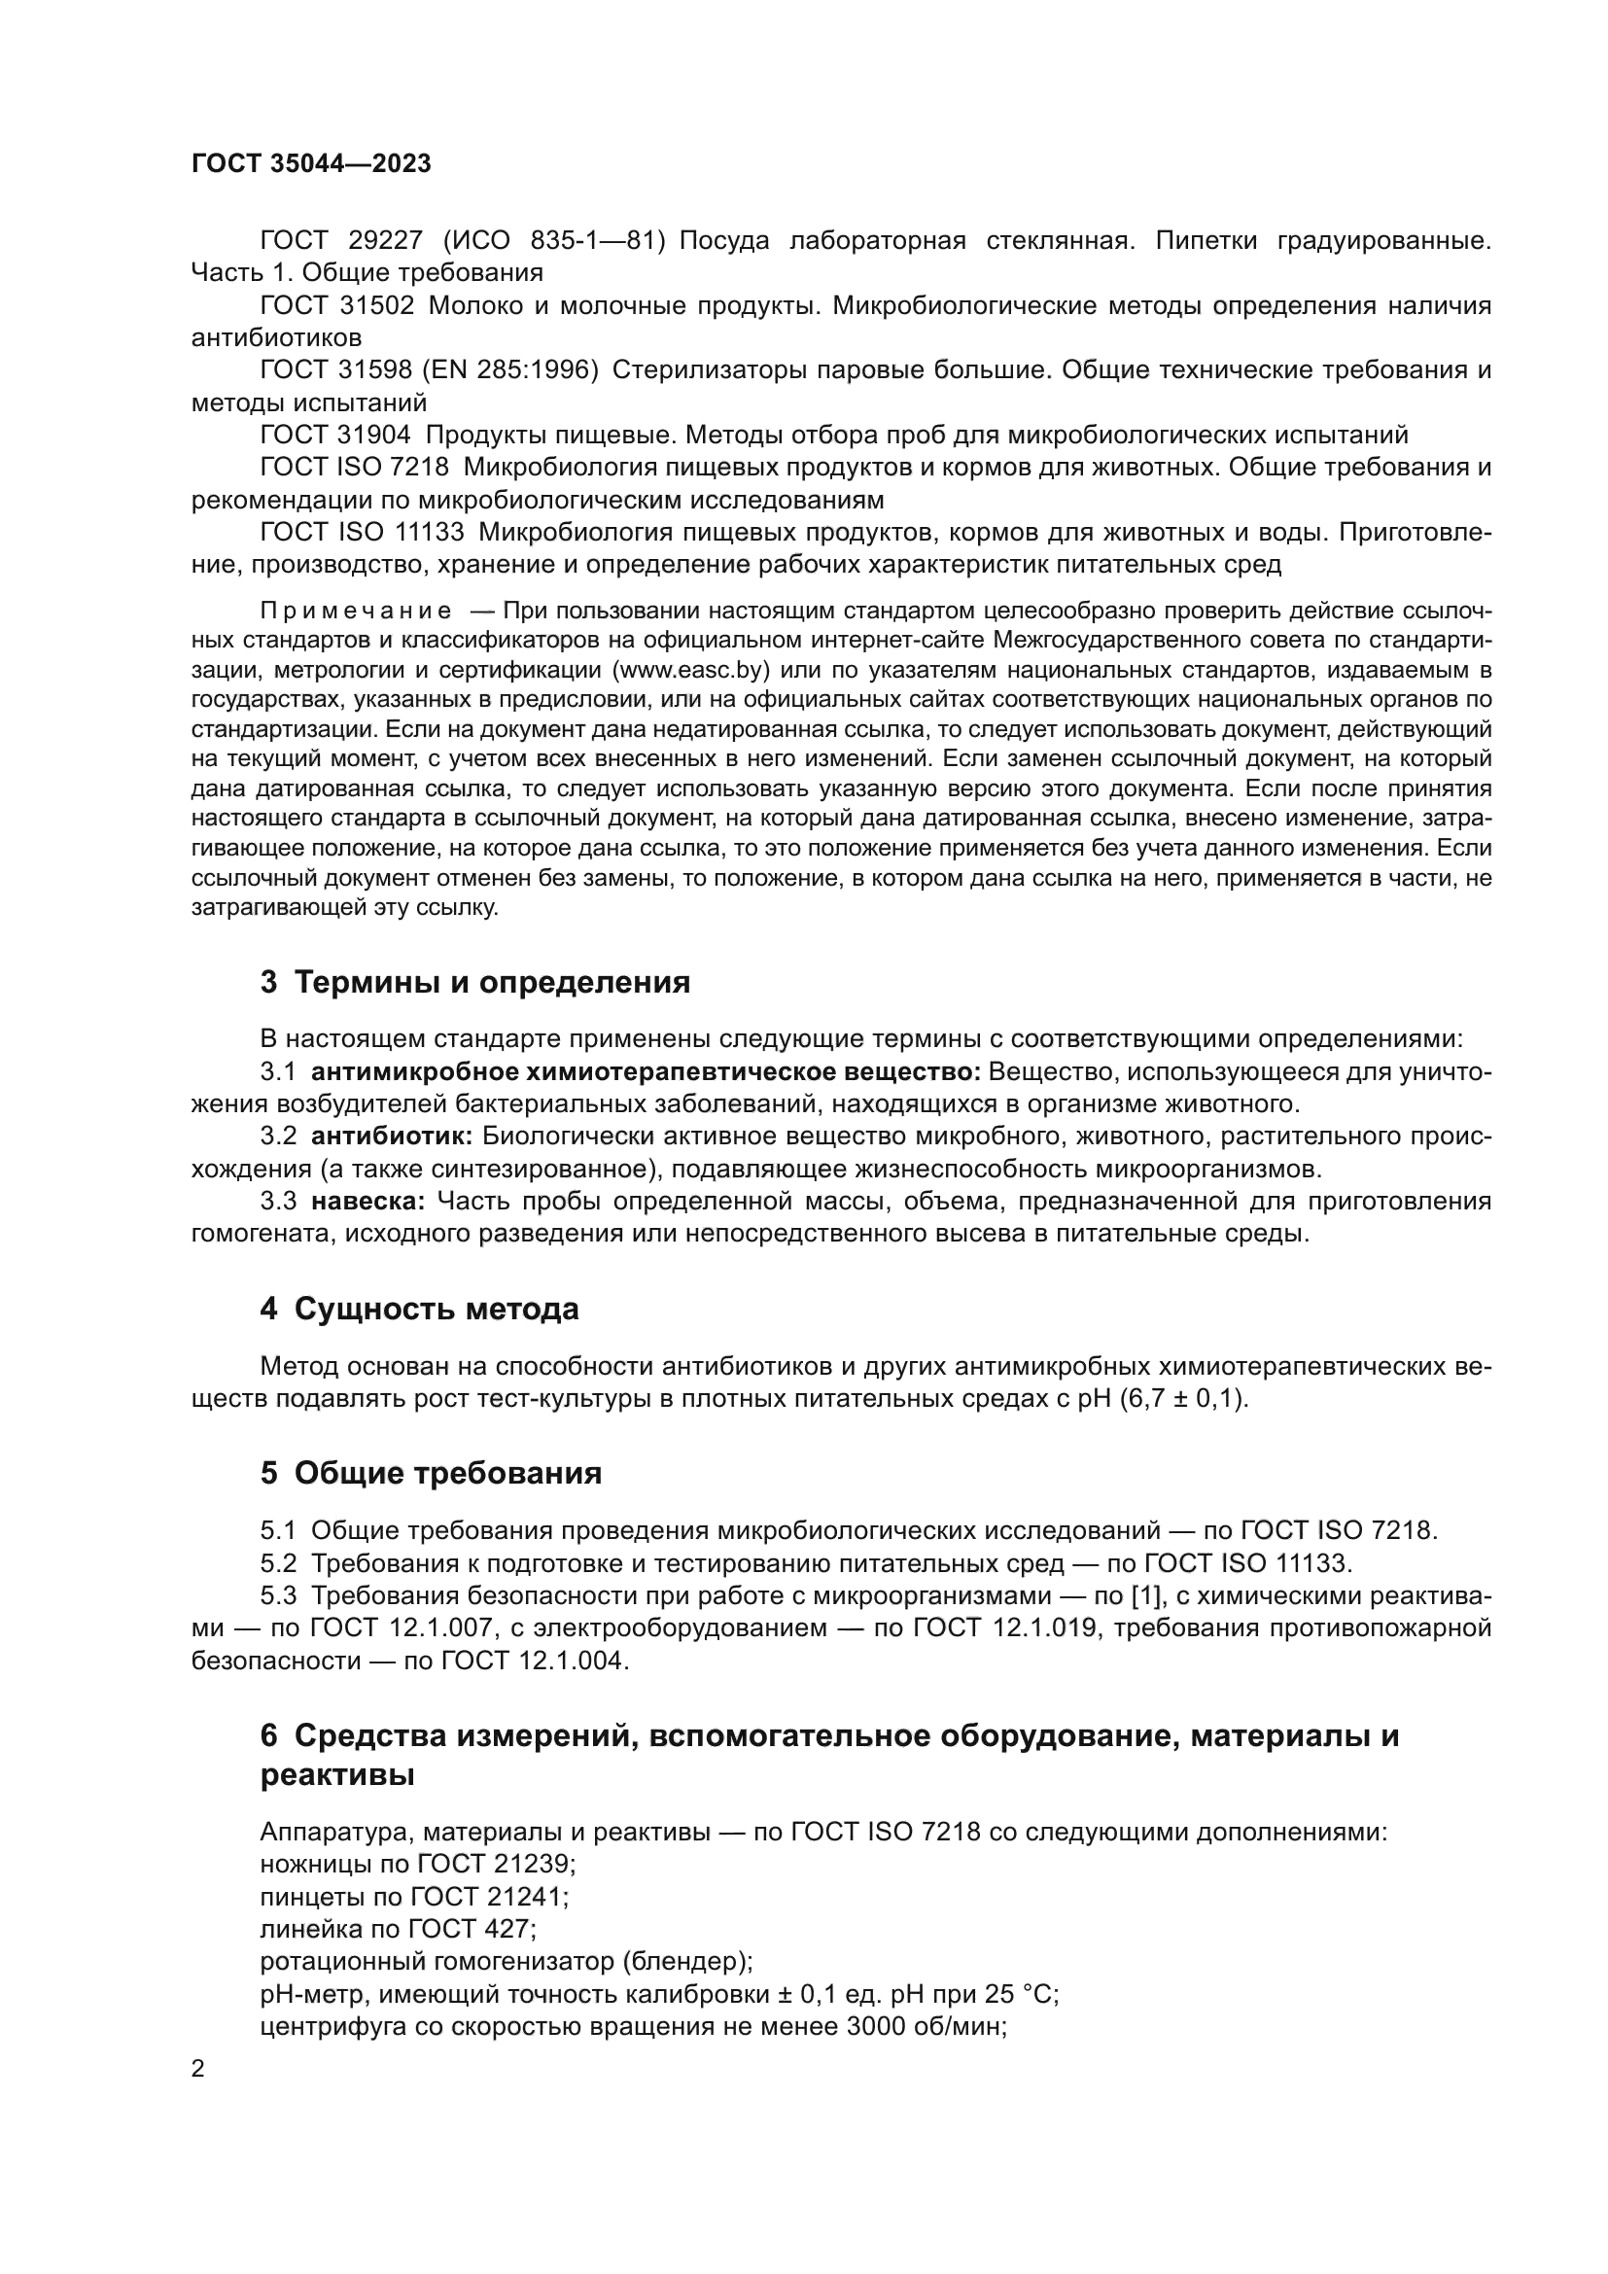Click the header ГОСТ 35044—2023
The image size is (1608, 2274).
(311, 164)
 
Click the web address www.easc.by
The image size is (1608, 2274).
(692, 670)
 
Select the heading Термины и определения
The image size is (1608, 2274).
(492, 983)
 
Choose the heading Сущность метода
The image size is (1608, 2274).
(437, 1310)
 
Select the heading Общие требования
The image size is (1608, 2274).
(447, 1474)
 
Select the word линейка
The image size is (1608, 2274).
(303, 1928)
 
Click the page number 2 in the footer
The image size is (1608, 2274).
(198, 2069)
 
